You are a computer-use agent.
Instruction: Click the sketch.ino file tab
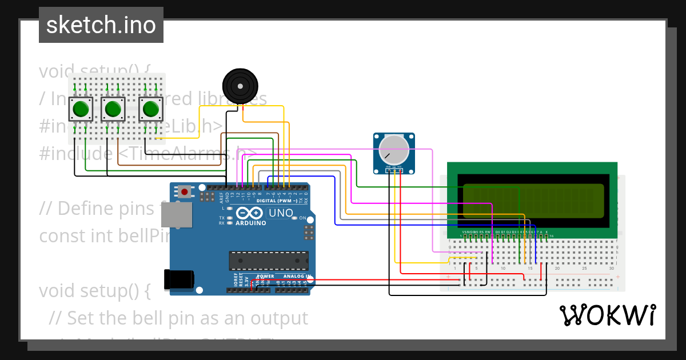click(101, 25)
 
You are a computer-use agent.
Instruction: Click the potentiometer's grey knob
click(394, 150)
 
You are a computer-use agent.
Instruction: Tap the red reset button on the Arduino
click(185, 192)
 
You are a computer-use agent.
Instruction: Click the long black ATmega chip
click(269, 261)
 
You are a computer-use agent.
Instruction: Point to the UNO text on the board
click(281, 213)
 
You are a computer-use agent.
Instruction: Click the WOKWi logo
click(607, 315)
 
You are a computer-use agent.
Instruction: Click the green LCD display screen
click(533, 201)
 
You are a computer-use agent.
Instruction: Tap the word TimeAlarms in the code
click(189, 153)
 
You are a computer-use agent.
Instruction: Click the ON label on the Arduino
click(311, 219)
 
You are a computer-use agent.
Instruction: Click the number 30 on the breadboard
click(612, 269)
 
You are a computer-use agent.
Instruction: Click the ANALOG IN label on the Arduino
click(297, 276)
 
